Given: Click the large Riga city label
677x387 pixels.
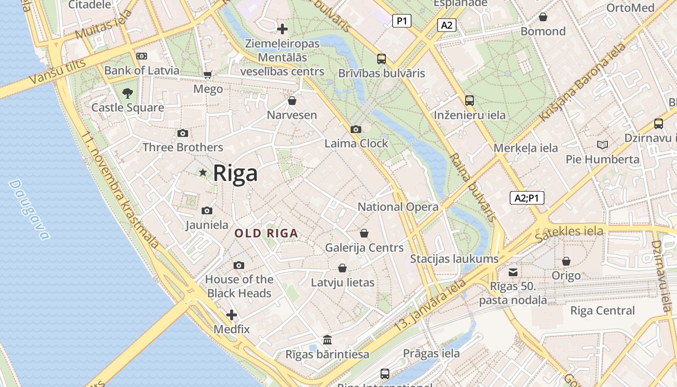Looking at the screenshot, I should (235, 173).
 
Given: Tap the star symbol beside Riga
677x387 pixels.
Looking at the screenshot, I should (203, 172).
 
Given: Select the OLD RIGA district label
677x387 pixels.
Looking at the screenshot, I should (266, 233).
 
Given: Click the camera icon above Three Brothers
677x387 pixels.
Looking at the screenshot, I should (183, 133).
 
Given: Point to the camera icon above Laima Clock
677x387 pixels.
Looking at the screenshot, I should (356, 129).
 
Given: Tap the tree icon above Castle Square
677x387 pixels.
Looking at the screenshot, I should (128, 93).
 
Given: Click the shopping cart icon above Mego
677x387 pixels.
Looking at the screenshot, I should (208, 74).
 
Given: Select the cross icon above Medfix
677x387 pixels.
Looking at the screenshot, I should (232, 315).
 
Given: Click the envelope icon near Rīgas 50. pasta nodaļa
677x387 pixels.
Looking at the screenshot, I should (513, 272).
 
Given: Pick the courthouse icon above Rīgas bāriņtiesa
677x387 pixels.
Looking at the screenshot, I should (327, 340).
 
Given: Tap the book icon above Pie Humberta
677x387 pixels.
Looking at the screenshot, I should (602, 145).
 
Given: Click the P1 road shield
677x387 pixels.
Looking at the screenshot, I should (401, 21).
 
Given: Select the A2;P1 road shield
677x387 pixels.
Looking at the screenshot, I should (527, 198).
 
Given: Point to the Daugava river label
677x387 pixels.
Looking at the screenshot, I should (29, 210).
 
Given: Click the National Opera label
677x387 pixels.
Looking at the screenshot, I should (398, 207).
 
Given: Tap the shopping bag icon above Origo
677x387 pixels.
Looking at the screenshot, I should (566, 261).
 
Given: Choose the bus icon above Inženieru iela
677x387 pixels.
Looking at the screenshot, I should (470, 101).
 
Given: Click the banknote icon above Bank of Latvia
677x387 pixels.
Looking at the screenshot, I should (142, 56).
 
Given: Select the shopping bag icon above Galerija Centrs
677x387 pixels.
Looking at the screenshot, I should (364, 233).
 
